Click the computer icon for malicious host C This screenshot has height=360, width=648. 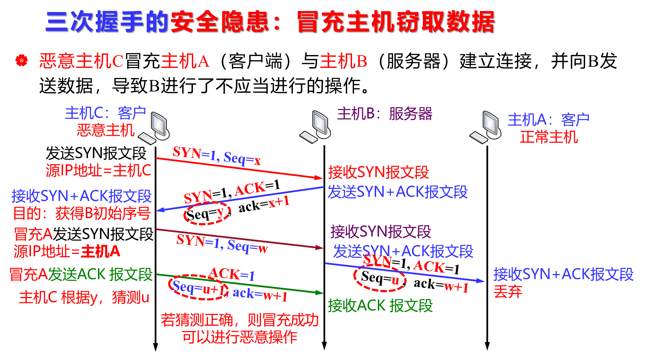point(154,128)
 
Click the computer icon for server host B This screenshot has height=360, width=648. point(315,127)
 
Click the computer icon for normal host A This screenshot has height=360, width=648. point(485,127)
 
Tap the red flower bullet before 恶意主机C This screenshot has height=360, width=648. point(21,61)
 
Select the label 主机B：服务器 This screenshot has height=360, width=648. point(384,114)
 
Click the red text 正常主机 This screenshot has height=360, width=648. point(549,137)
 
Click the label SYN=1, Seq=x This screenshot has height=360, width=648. point(217,155)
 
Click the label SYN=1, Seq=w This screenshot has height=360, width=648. point(222,244)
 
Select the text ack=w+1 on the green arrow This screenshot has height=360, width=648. point(260,294)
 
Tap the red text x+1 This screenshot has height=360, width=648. point(279,202)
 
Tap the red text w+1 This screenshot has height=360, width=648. point(456,287)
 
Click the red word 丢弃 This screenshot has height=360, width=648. point(508,292)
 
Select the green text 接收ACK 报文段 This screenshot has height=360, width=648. point(380,305)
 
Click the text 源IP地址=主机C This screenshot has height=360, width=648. point(98,171)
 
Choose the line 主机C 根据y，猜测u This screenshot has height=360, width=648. point(84,297)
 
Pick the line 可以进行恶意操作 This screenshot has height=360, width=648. point(240,337)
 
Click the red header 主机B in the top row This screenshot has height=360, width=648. point(343,62)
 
